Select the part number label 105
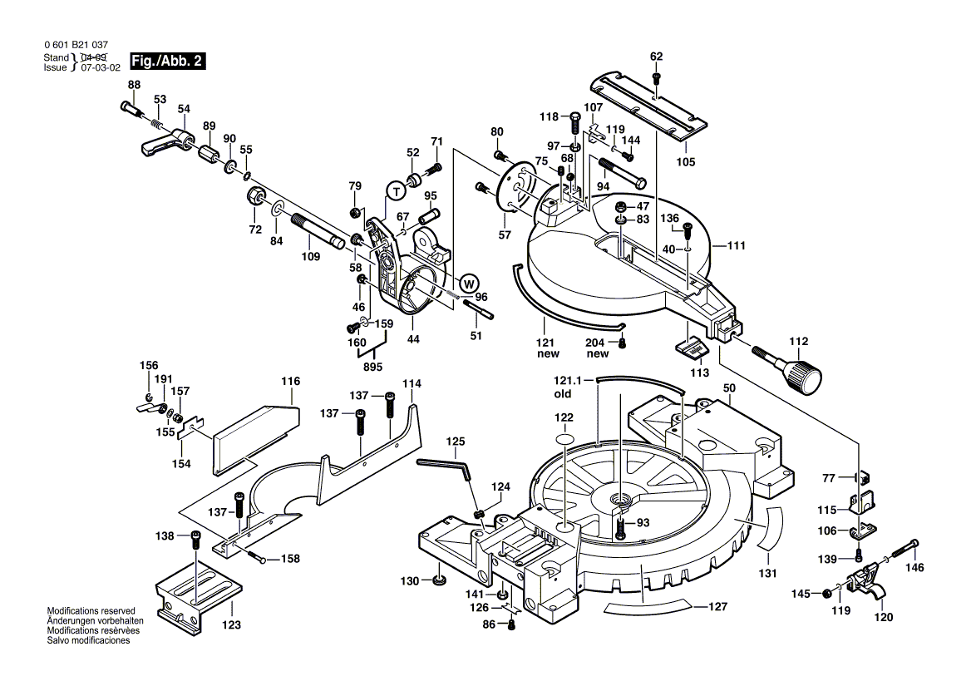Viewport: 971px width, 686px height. coord(685,161)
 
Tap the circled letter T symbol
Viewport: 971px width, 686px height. coord(396,191)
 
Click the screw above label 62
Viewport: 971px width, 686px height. coord(656,77)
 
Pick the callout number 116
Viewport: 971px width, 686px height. coord(290,382)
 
